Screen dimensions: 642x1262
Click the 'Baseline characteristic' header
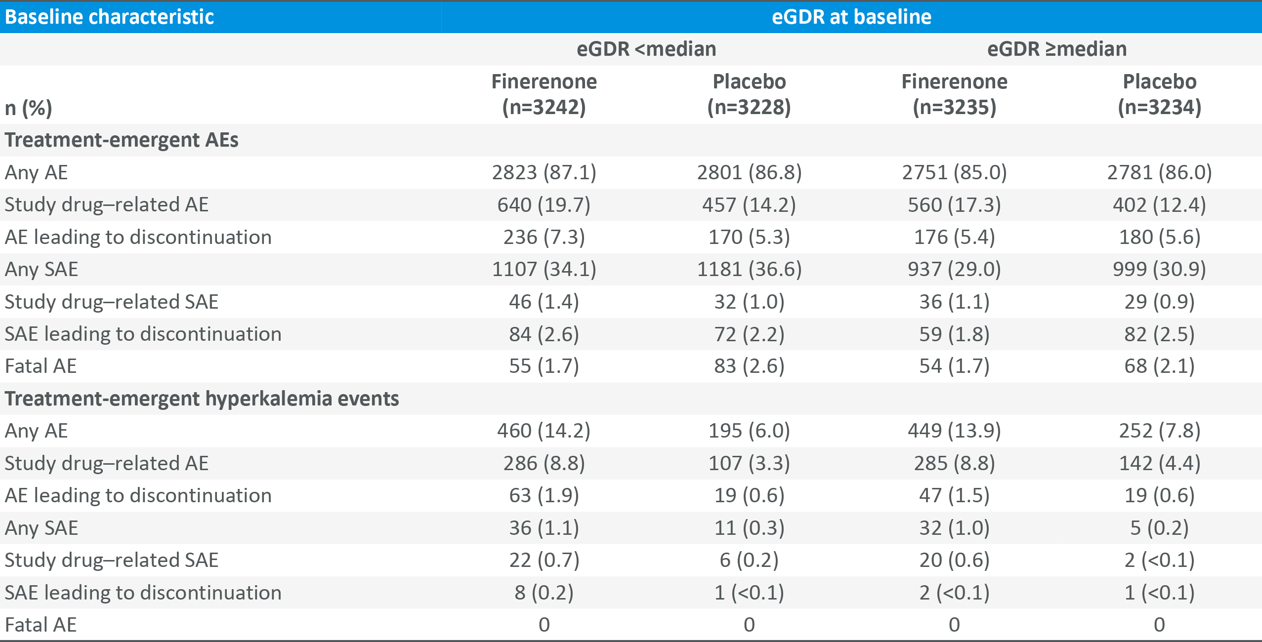[109, 17]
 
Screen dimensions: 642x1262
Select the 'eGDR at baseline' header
[851, 17]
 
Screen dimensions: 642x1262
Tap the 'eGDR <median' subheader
[646, 49]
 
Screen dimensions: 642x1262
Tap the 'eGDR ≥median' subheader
[1057, 49]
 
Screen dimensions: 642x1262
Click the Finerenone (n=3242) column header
[544, 94]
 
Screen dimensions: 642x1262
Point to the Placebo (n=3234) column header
[1159, 94]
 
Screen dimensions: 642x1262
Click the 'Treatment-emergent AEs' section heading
[122, 140]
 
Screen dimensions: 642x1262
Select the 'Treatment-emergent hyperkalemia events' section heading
[202, 399]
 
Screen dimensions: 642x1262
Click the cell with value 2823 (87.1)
[544, 172]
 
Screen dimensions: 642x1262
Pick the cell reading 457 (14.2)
[749, 204]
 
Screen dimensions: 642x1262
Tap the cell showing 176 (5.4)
[954, 237]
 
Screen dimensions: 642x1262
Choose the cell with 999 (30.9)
[1159, 269]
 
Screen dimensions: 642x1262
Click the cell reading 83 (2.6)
[749, 366]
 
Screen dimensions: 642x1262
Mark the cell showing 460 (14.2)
[544, 431]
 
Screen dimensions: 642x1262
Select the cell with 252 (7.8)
[1159, 431]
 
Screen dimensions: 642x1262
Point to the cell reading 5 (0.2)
[1159, 528]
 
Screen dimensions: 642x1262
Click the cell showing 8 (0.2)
[544, 592]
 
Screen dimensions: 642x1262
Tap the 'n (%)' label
[28, 108]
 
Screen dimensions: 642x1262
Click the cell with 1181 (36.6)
[749, 269]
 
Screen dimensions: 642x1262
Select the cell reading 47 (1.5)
[954, 495]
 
